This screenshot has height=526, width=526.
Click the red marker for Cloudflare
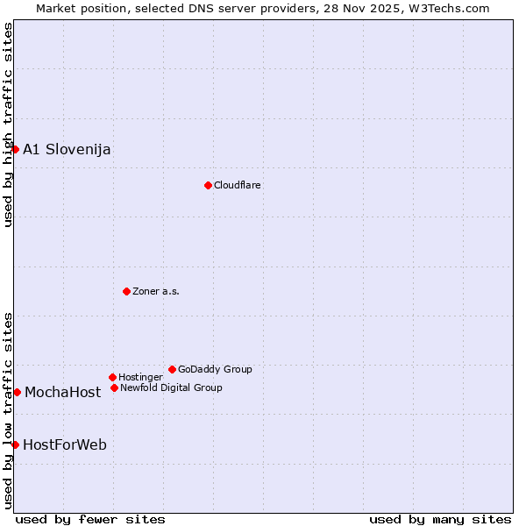[x=208, y=185]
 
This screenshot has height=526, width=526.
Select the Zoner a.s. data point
[x=126, y=291]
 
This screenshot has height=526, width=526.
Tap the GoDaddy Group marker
[x=172, y=369]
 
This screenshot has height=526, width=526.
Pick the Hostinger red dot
[x=112, y=377]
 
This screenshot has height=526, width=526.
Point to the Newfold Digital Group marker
[x=114, y=387]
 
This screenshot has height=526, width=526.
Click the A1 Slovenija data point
[x=15, y=149]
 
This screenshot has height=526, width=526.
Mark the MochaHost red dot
[x=17, y=392]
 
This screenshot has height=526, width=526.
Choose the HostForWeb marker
[x=15, y=444]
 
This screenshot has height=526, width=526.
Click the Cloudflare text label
[x=238, y=186]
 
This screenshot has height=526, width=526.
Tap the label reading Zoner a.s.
[x=156, y=292]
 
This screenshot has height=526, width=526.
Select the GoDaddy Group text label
[x=215, y=370]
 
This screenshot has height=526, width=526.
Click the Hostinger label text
[x=140, y=378]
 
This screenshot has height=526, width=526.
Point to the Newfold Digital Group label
[x=171, y=388]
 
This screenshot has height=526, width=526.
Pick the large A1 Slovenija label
[x=67, y=149]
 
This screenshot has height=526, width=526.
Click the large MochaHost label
[x=62, y=393]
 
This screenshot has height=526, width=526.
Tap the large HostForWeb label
[x=65, y=445]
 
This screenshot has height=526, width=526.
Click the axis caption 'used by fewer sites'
[x=90, y=519]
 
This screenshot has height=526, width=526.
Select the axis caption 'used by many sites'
[x=440, y=519]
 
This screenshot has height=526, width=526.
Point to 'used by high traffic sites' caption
[x=8, y=124]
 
